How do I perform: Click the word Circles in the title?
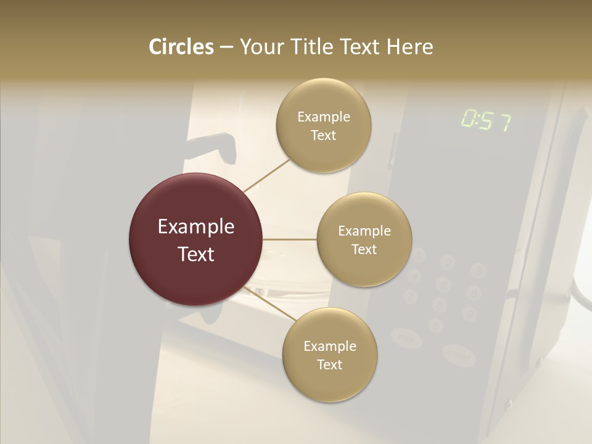pyautogui.click(x=181, y=47)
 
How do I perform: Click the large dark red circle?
pyautogui.click(x=195, y=239)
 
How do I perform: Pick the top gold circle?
pyautogui.click(x=323, y=125)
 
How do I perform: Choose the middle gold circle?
pyautogui.click(x=364, y=239)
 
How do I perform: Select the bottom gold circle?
pyautogui.click(x=329, y=355)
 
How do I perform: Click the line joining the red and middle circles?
pyautogui.click(x=289, y=239)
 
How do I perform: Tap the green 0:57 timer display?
pyautogui.click(x=486, y=121)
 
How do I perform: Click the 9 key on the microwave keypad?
pyautogui.click(x=470, y=313)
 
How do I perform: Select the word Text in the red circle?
pyautogui.click(x=195, y=254)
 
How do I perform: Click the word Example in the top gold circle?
pyautogui.click(x=323, y=117)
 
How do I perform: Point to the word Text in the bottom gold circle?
pyautogui.click(x=329, y=364)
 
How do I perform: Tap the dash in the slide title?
pyautogui.click(x=226, y=47)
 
